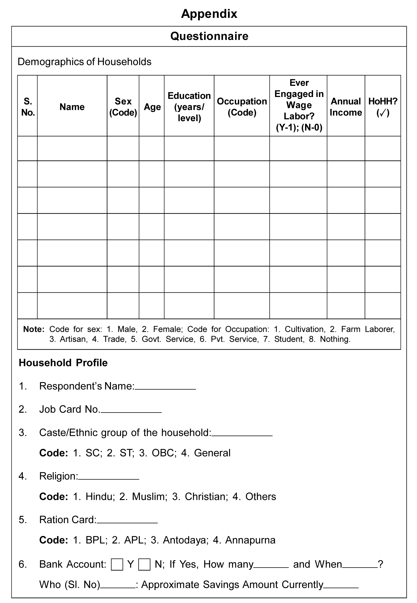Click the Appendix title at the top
[x=209, y=14]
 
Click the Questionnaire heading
[x=209, y=36]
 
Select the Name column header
[x=72, y=107]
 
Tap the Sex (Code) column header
[x=123, y=107]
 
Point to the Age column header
[x=152, y=107]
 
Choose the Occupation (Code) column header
[x=242, y=107]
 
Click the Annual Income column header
[x=346, y=107]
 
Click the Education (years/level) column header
[x=189, y=107]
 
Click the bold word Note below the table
[x=34, y=329]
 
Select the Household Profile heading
[x=63, y=363]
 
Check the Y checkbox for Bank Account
[x=117, y=564]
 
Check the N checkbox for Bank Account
[x=144, y=564]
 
